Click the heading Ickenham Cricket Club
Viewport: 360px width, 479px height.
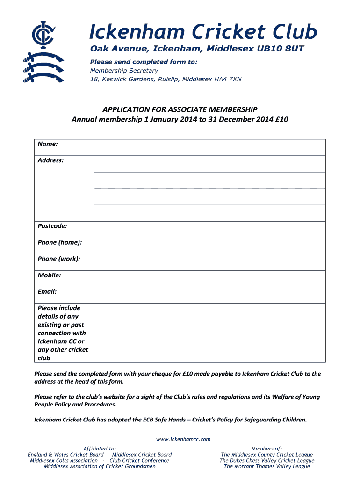[203, 32]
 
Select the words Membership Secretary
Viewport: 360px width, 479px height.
[124, 71]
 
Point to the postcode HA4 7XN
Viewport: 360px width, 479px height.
[228, 79]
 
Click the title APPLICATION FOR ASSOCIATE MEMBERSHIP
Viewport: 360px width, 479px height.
[180, 109]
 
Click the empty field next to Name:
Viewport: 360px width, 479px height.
[209, 147]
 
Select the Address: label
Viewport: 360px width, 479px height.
[50, 160]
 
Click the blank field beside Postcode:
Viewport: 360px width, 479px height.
[209, 229]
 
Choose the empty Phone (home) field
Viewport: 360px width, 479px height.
[209, 246]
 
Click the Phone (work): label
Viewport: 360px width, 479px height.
[59, 259]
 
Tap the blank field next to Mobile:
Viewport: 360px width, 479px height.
[209, 278]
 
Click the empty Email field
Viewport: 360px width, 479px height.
[209, 295]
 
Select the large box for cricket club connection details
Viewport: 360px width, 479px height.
[209, 333]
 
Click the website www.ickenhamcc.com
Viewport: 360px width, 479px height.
[183, 439]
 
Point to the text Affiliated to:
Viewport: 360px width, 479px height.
[100, 448]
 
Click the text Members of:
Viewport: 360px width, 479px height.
[266, 448]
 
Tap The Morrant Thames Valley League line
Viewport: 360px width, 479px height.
[266, 466]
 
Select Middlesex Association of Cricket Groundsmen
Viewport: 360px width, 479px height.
[100, 466]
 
